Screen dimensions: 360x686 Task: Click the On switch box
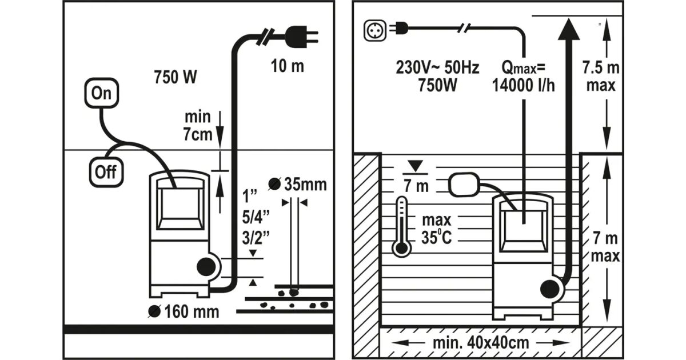102,94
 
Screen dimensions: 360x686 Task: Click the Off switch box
105,172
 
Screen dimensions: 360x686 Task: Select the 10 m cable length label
287,66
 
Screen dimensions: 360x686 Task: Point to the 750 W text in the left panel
176,77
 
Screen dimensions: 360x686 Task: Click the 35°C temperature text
437,237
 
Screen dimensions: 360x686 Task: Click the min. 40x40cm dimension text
480,343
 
